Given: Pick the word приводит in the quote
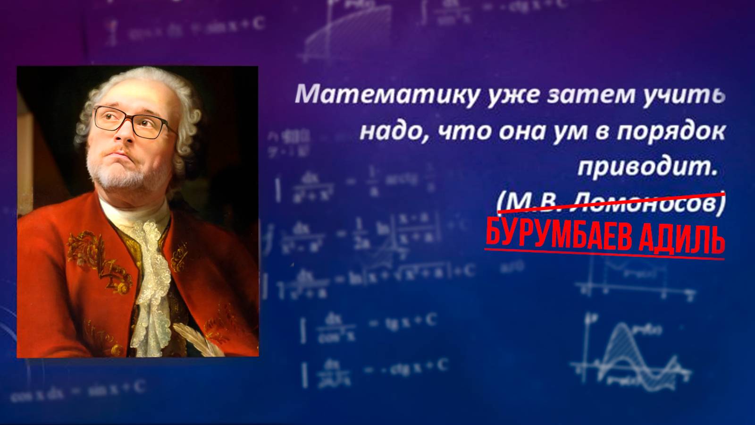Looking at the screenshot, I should click(646, 168).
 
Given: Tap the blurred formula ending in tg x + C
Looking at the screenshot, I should click(373, 326).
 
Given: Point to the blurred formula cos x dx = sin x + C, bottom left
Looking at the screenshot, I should click(78, 392).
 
